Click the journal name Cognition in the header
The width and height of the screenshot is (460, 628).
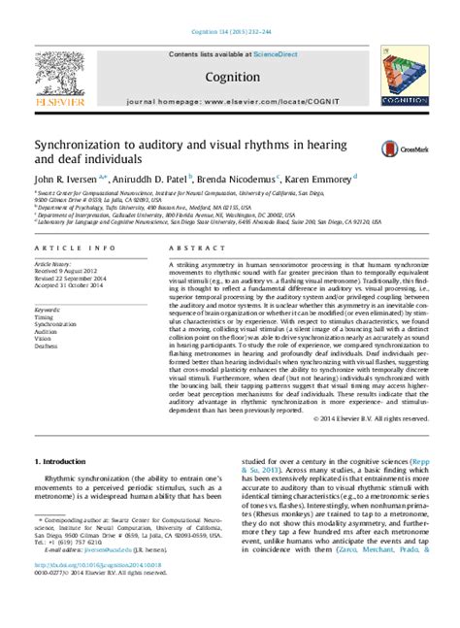point(230,76)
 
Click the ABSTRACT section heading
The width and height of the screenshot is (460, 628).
point(190,248)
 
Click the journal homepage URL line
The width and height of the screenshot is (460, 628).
point(230,101)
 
